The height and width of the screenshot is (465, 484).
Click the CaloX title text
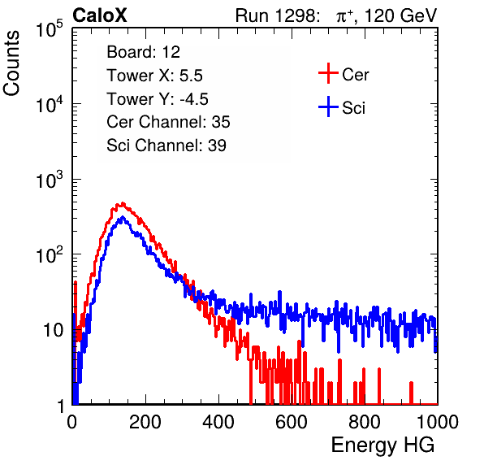point(100,15)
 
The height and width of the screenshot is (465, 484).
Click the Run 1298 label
point(277,15)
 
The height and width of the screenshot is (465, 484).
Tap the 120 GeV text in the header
point(400,15)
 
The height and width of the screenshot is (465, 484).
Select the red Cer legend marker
point(328,73)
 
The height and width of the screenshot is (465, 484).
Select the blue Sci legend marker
point(328,106)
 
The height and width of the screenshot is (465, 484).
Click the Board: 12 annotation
point(143,52)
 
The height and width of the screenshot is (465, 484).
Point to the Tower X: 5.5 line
point(154,76)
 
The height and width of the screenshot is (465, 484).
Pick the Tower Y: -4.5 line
point(158,99)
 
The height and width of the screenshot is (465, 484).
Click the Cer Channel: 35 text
point(168,122)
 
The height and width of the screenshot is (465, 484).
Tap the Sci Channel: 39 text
point(166,146)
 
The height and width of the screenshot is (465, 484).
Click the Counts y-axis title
point(11,63)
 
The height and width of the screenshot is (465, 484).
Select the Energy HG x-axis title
point(382,445)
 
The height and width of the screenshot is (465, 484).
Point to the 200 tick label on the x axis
point(145,422)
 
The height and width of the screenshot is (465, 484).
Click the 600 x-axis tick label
point(292,422)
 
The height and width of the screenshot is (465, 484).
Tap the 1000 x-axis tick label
point(437,422)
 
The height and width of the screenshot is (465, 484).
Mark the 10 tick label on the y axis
point(53,330)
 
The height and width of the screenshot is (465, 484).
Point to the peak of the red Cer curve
point(123,203)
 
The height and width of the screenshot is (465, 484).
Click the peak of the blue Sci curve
point(123,217)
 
